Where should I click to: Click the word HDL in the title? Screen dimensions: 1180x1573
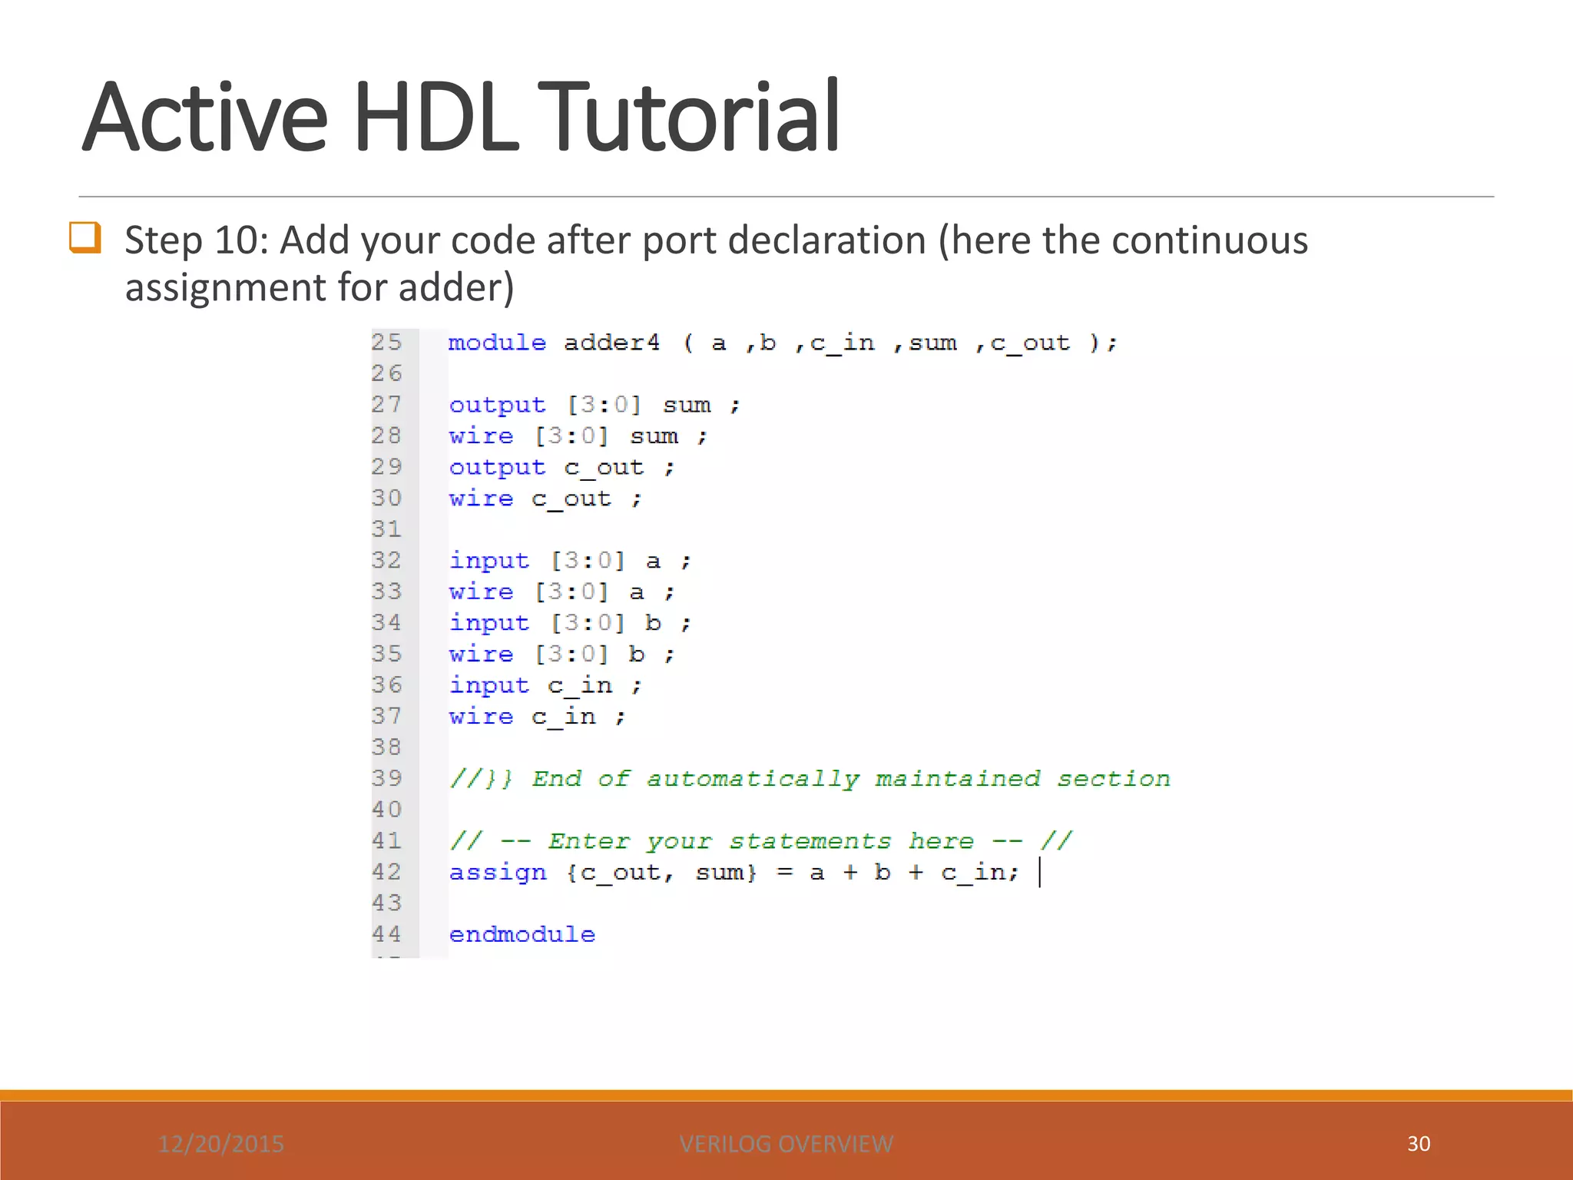tap(436, 117)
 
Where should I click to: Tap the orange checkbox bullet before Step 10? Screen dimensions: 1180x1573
tap(84, 237)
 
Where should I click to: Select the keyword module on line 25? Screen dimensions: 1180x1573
tap(497, 343)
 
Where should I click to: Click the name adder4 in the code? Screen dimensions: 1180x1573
tap(611, 343)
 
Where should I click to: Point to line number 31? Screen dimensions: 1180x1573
tap(386, 529)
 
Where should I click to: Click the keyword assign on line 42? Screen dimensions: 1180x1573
tap(498, 873)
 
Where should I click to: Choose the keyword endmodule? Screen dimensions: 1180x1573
tap(522, 935)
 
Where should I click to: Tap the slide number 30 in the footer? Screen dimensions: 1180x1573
tap(1419, 1143)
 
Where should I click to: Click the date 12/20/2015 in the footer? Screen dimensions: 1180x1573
tap(221, 1144)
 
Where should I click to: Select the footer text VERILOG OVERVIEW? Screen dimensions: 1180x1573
tap(786, 1144)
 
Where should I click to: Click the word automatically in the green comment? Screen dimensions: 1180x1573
tap(753, 780)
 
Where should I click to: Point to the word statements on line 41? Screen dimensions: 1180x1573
tap(810, 842)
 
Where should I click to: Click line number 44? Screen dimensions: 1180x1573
tap(386, 934)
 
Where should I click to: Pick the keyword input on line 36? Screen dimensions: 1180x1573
tap(489, 685)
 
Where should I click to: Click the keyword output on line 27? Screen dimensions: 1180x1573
tap(497, 405)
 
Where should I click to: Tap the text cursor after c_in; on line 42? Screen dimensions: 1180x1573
tap(1039, 873)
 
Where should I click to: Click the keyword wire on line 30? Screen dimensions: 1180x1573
tap(481, 499)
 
